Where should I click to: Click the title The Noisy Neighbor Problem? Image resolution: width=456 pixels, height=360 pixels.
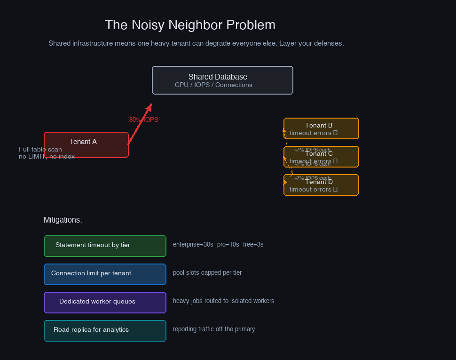(190, 25)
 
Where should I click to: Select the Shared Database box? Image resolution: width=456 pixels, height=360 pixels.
(222, 80)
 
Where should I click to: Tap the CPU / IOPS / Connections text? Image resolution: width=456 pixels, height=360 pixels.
(213, 85)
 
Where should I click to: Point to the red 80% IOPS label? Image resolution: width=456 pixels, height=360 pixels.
(143, 120)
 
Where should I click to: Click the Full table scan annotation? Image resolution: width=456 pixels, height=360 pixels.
(40, 150)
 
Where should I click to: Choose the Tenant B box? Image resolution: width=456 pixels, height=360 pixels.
(321, 128)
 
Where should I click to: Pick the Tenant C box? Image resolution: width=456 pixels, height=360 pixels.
(321, 157)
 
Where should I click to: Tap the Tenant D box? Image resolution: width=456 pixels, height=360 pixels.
(321, 185)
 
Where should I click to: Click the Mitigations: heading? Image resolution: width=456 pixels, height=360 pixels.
(63, 220)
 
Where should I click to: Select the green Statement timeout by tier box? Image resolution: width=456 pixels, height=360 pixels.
(105, 246)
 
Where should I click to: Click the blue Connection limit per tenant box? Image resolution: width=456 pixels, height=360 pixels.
(105, 274)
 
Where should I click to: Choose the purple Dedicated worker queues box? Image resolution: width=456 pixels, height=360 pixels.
(105, 302)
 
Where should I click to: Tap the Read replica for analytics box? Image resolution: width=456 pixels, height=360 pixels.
(105, 330)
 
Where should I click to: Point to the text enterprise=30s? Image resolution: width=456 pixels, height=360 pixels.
(193, 245)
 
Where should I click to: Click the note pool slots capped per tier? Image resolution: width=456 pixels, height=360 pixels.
(207, 273)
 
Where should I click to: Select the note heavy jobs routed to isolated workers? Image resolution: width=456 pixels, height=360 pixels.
(223, 301)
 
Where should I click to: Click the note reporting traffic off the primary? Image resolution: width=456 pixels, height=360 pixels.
(214, 329)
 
